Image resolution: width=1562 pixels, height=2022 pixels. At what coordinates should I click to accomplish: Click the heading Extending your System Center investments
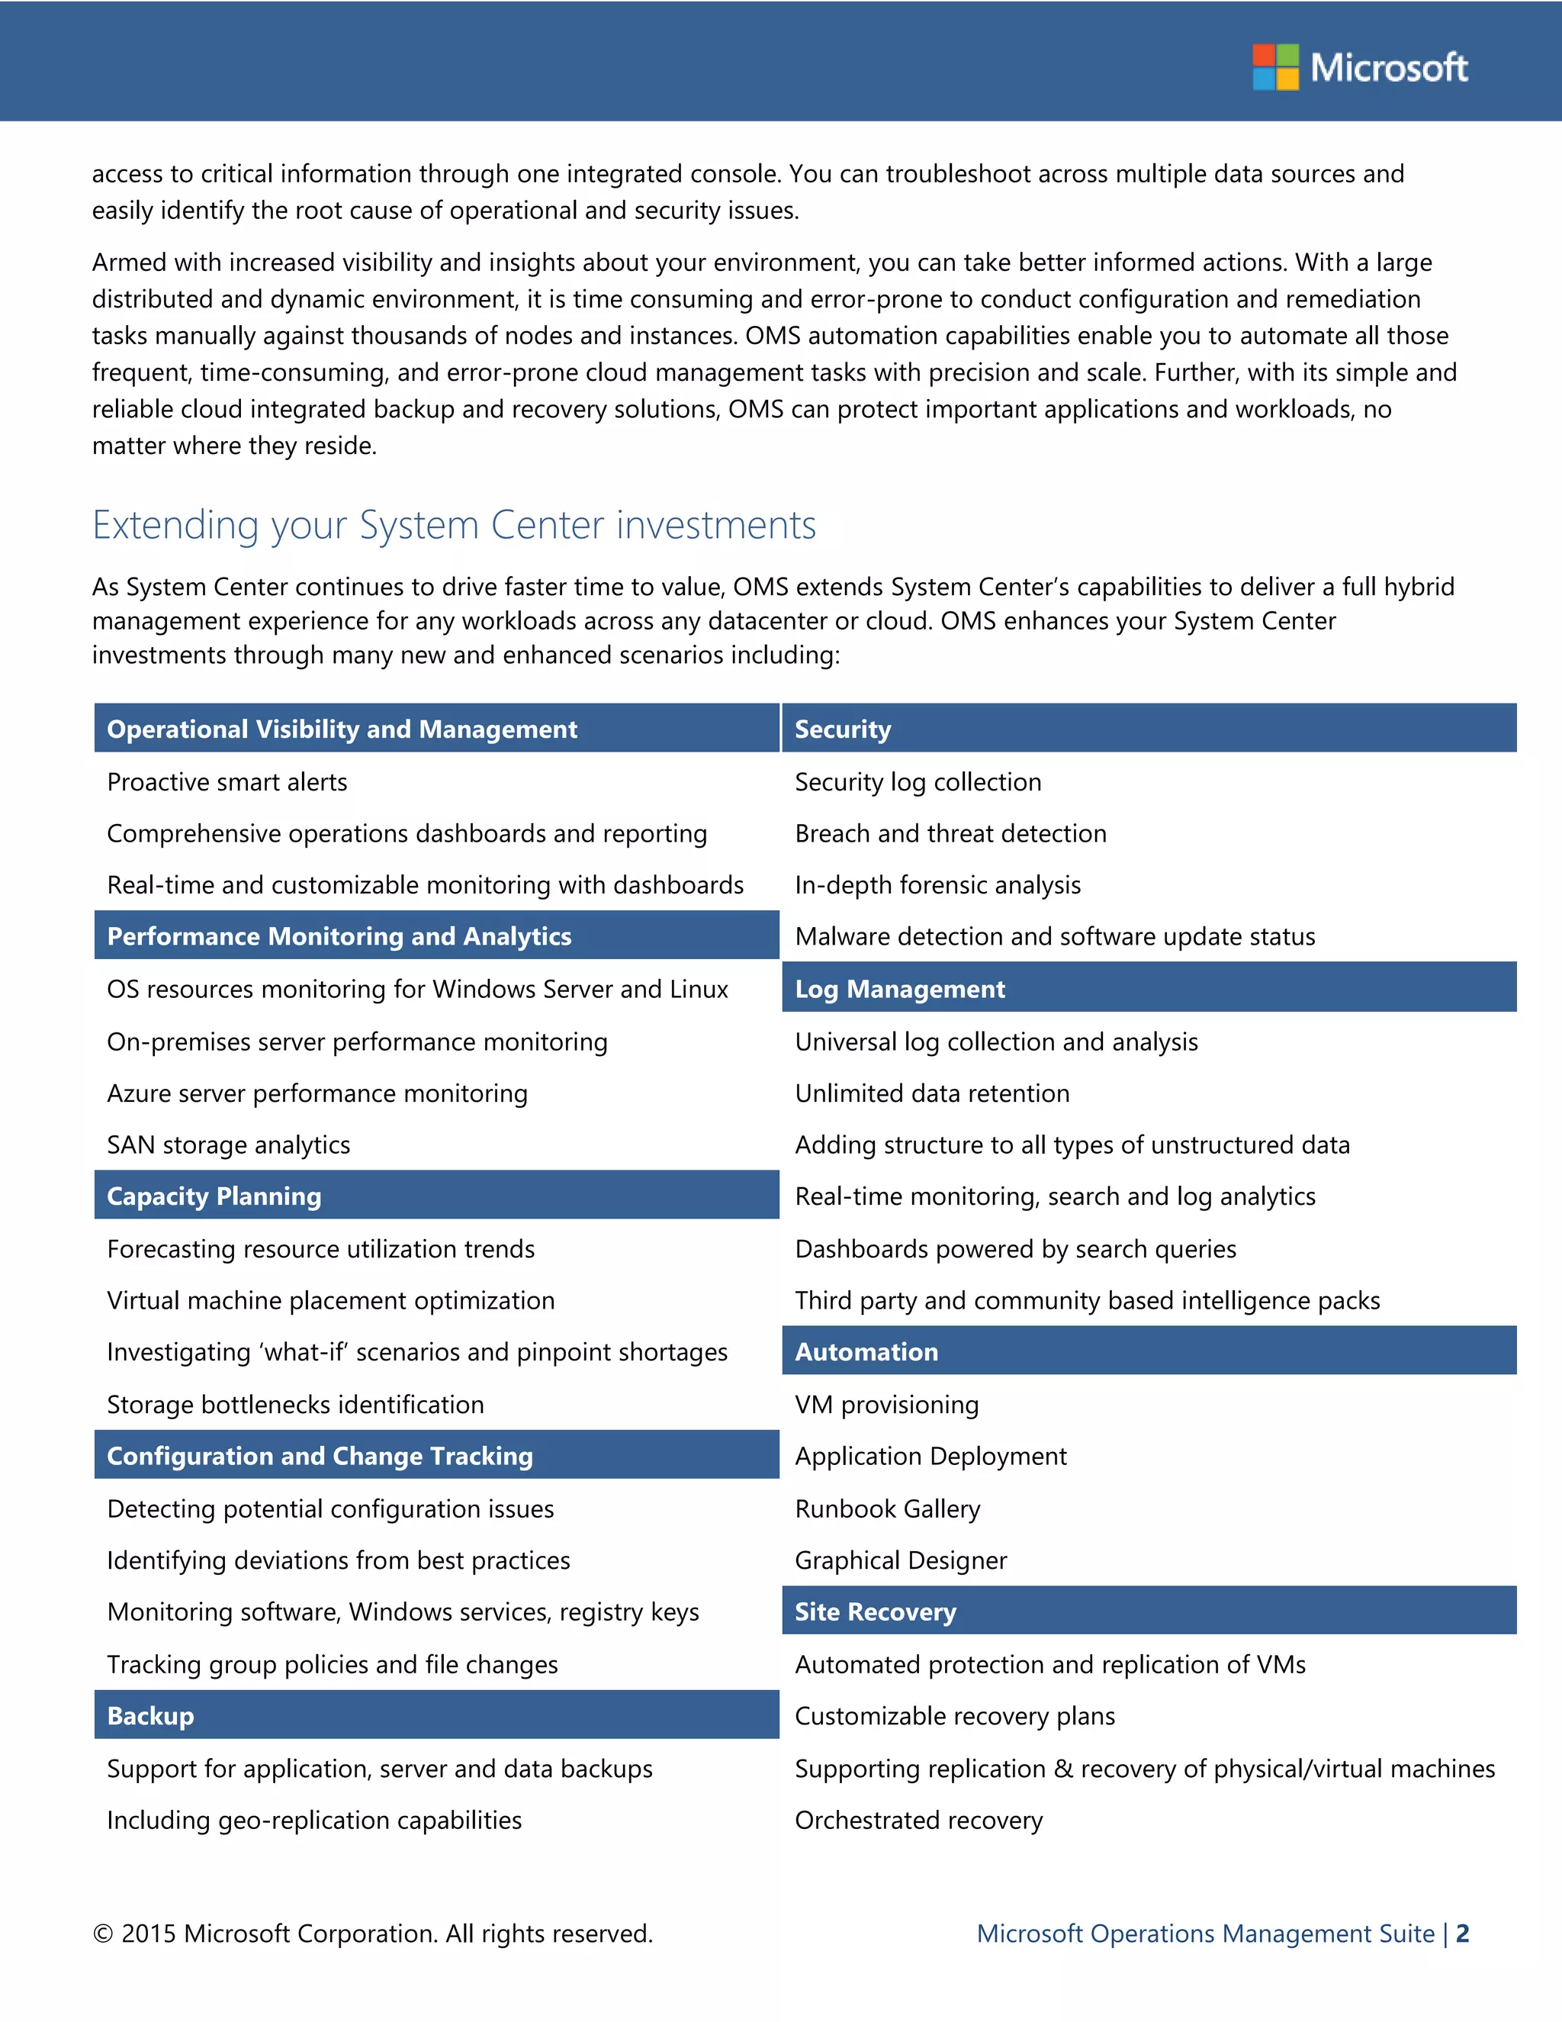(x=454, y=525)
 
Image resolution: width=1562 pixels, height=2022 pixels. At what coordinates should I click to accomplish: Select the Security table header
(x=842, y=729)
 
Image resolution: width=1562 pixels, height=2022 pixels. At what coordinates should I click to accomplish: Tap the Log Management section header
(x=899, y=989)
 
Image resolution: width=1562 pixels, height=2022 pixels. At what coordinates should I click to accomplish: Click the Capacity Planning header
(x=214, y=1196)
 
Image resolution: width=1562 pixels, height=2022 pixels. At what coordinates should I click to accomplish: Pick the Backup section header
(x=150, y=1715)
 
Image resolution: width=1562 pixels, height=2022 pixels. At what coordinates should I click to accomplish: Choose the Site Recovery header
(x=875, y=1611)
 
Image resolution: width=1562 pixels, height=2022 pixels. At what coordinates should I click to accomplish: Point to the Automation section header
(x=866, y=1352)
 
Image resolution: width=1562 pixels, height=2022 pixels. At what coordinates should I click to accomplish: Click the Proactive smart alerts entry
(x=227, y=782)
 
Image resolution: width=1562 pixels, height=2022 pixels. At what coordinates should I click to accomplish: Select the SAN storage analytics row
(x=229, y=1145)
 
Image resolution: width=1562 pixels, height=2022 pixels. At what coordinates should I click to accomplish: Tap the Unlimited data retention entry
(x=932, y=1093)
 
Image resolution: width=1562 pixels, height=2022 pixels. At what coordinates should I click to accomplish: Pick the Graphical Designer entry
(x=901, y=1561)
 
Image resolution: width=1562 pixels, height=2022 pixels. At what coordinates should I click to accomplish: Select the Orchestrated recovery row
(x=918, y=1820)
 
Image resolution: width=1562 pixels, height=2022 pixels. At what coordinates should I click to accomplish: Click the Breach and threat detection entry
(x=950, y=834)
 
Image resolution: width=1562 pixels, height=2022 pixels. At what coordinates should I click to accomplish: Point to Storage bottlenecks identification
(x=295, y=1405)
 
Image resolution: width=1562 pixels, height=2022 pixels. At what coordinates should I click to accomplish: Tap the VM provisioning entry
(x=886, y=1405)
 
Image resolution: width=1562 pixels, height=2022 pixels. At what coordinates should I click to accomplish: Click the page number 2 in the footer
(x=1462, y=1933)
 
